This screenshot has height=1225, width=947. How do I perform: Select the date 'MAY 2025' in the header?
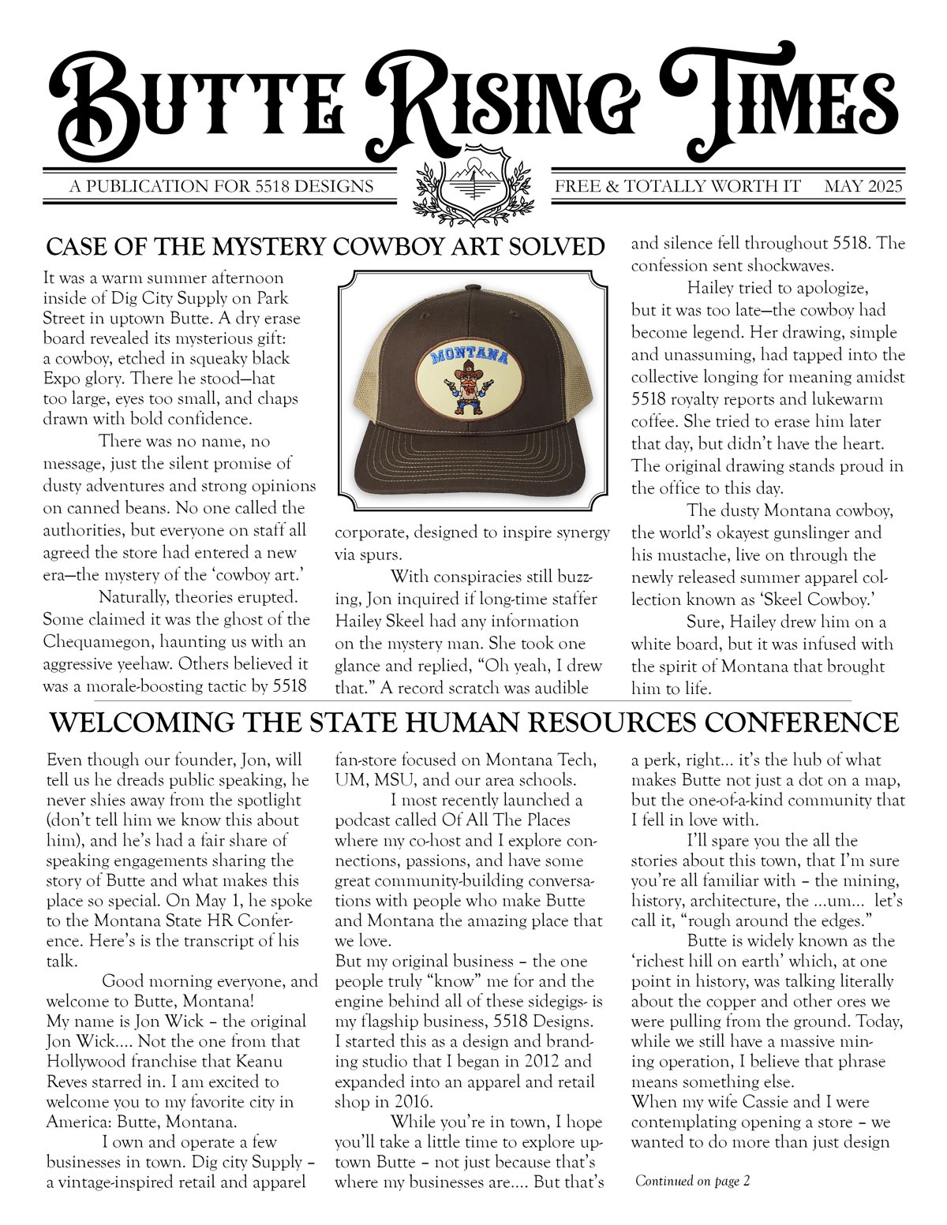click(x=863, y=187)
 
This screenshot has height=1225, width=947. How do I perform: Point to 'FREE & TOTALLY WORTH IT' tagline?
click(x=677, y=187)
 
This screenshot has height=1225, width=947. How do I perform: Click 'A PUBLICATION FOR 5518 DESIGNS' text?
click(x=221, y=187)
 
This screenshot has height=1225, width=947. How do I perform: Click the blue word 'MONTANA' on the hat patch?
click(x=470, y=356)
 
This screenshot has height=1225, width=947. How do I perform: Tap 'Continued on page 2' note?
click(x=692, y=1181)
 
